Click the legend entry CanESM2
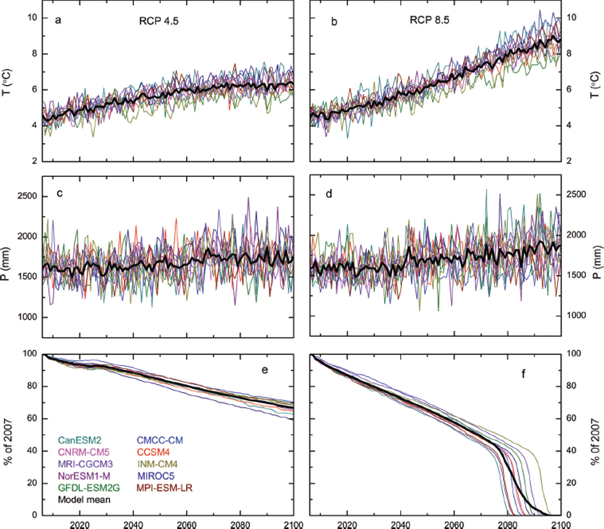(x=79, y=440)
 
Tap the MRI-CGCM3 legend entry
(x=85, y=464)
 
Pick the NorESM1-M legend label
(x=84, y=476)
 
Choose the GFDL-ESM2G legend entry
(x=88, y=488)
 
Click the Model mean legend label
(x=84, y=500)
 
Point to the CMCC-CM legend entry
(x=160, y=440)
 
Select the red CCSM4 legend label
(x=153, y=452)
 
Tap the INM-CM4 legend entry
(x=157, y=464)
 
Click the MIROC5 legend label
(x=156, y=476)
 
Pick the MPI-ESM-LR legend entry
(x=164, y=488)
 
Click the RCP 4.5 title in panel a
(x=158, y=21)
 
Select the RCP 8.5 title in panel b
(x=429, y=20)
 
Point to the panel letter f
(x=523, y=373)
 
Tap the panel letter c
(x=60, y=193)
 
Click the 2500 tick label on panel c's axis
(x=27, y=196)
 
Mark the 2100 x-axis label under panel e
(x=293, y=525)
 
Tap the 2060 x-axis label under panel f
(x=454, y=525)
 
